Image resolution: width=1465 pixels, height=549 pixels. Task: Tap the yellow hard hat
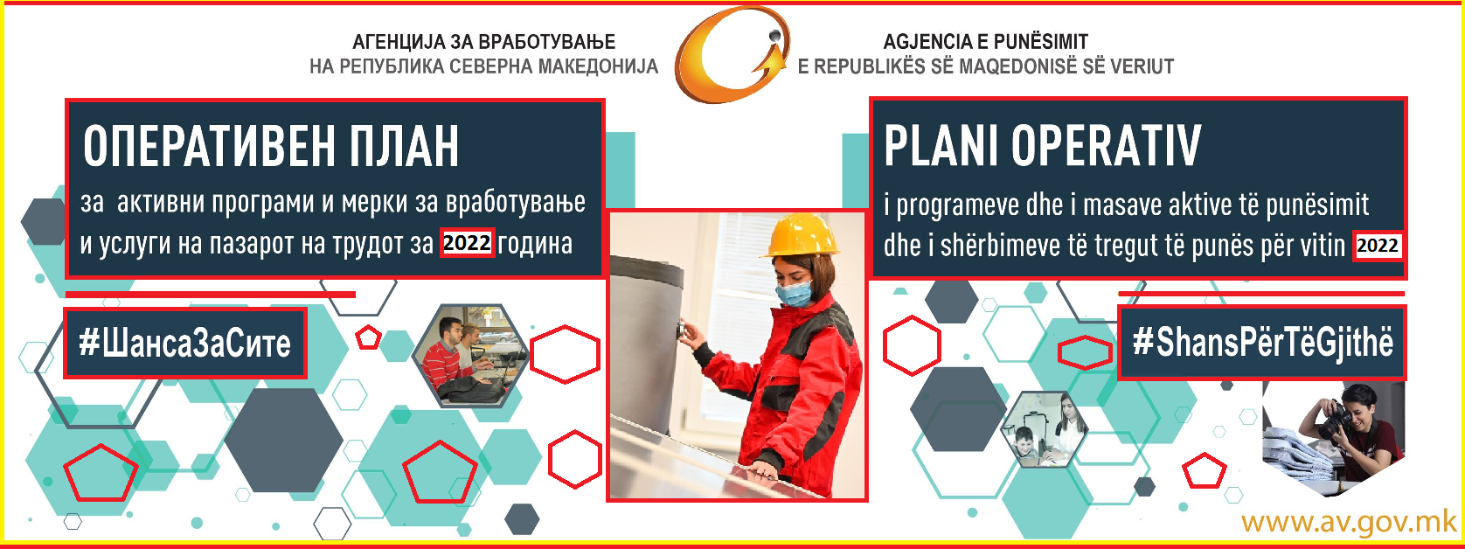(801, 236)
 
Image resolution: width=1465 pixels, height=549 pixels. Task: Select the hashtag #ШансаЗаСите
(185, 343)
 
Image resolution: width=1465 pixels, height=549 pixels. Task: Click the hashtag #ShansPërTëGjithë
(1263, 342)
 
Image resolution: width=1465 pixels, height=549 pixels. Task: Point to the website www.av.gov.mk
(1350, 522)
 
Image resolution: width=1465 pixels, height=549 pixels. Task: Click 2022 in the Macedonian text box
(466, 243)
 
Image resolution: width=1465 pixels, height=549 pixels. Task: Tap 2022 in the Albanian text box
(1378, 246)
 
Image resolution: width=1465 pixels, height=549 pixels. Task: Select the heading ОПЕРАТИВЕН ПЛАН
(271, 146)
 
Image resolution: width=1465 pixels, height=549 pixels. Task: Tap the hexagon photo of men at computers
(470, 355)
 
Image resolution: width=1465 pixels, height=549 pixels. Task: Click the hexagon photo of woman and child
(1045, 429)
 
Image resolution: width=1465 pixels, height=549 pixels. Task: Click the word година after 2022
(535, 243)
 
